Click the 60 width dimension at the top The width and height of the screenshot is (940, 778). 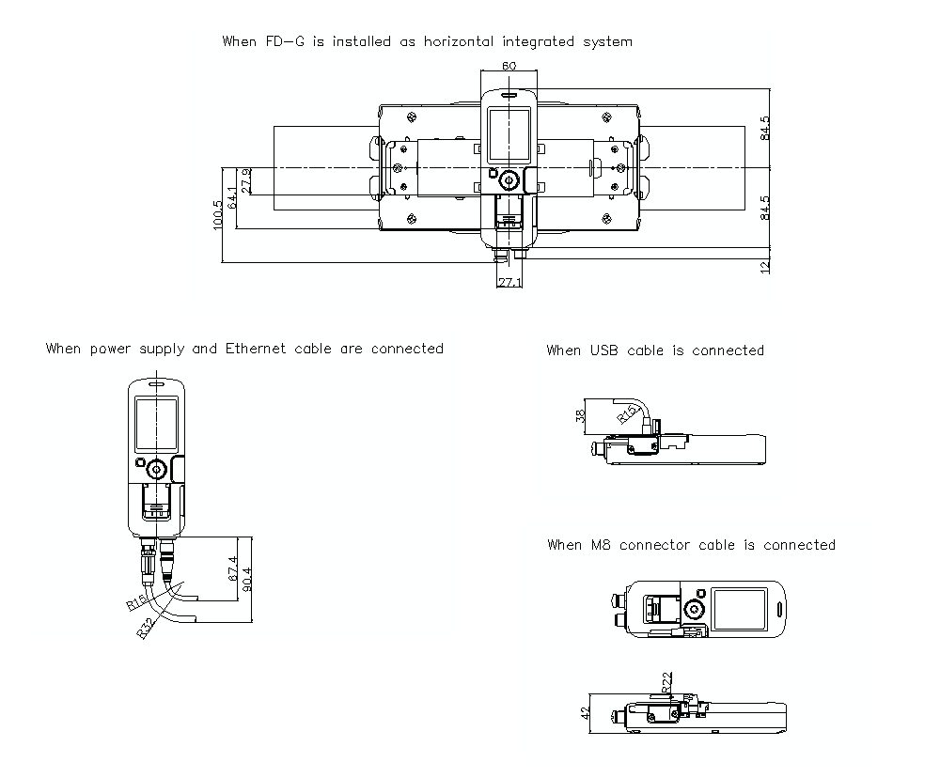click(509, 66)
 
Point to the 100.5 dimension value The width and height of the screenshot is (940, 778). click(217, 214)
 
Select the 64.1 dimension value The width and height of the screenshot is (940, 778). click(232, 197)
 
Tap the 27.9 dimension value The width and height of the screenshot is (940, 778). click(246, 181)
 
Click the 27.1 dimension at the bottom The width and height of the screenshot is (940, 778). click(509, 282)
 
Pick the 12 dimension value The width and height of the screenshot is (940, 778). click(765, 268)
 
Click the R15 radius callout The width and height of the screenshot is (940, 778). click(628, 414)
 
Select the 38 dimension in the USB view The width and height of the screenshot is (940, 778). click(580, 416)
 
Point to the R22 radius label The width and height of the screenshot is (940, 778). click(667, 683)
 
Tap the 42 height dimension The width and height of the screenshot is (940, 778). click(585, 712)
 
